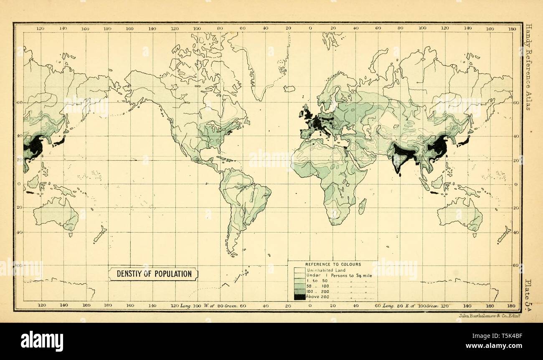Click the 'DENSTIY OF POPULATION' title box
point(154,274)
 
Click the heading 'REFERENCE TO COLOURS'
point(333,264)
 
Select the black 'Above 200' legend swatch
point(299,297)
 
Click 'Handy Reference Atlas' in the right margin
point(528,66)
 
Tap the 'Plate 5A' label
point(528,295)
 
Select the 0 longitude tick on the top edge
point(310,28)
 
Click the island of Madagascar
point(362,206)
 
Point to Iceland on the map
point(289,89)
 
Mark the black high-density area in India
point(402,155)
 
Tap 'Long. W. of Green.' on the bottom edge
point(209,306)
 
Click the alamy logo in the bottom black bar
point(42,341)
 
